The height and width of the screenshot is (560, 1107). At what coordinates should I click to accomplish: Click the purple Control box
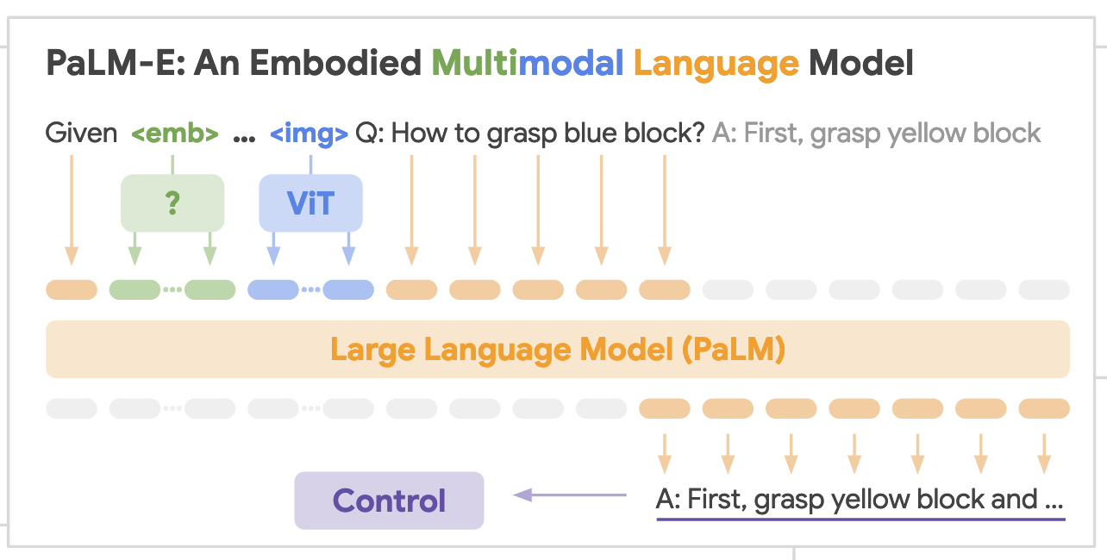coord(389,501)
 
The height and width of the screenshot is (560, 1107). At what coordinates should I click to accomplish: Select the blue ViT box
coord(310,203)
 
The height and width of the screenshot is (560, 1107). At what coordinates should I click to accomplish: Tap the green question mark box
coord(172,203)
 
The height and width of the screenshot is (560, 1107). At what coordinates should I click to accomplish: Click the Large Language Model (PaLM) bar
coord(557,350)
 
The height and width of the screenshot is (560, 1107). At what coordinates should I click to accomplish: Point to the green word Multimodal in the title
coord(528,64)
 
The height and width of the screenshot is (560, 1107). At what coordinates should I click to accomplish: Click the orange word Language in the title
coord(716,64)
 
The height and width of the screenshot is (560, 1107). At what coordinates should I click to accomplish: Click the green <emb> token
coord(174,134)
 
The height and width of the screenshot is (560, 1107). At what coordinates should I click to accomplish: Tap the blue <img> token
coord(309,134)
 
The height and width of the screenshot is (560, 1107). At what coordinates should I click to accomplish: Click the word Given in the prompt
coord(81,134)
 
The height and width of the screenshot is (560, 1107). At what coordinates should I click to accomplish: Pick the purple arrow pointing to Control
coord(570,495)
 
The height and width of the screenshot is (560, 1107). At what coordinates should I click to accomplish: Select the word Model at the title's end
coord(861,64)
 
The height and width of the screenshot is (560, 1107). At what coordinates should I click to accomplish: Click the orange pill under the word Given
coord(72,289)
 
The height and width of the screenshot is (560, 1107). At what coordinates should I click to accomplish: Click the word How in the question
coord(419,134)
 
